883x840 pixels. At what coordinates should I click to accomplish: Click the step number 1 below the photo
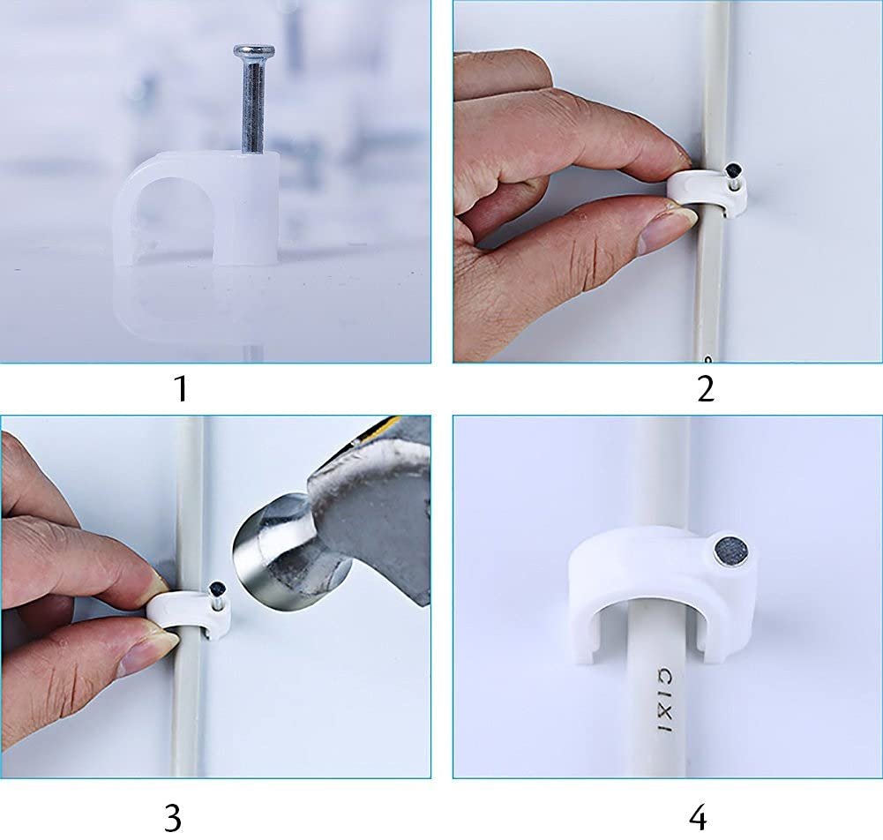point(181,389)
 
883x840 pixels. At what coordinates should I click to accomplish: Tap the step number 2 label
point(705,389)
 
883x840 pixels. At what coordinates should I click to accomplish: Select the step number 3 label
point(173,818)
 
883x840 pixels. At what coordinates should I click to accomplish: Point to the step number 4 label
point(698,818)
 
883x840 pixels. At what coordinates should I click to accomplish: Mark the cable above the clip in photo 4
point(662,476)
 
